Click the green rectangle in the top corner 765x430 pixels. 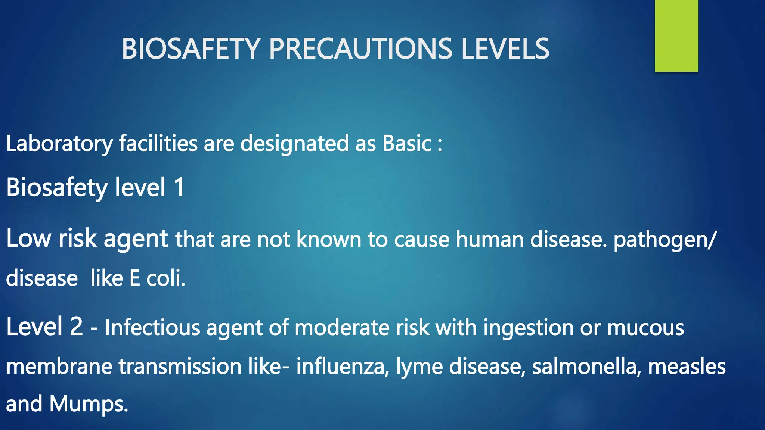(x=676, y=36)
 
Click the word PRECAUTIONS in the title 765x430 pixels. (x=360, y=49)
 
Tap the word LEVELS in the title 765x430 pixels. (x=505, y=49)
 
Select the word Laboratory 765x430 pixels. (x=59, y=144)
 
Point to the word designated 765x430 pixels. (x=294, y=144)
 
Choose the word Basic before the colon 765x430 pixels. (x=407, y=144)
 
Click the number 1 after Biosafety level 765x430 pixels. (x=179, y=187)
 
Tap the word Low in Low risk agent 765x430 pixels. (x=28, y=239)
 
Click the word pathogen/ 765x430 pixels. (x=665, y=240)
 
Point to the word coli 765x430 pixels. (x=165, y=278)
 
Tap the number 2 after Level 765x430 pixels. (x=76, y=326)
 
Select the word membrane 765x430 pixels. (x=59, y=367)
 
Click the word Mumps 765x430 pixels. (x=89, y=405)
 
